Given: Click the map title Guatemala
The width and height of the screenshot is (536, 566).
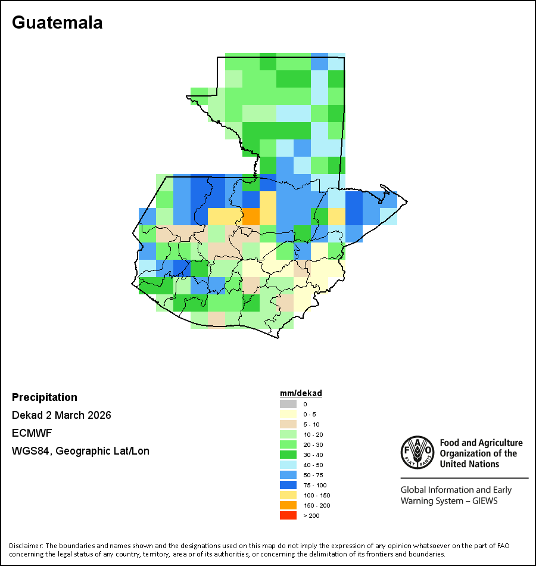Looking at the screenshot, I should click(57, 23).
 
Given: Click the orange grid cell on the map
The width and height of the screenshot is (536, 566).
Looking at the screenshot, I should click(251, 216).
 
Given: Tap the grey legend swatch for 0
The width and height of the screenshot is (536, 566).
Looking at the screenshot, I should click(288, 404).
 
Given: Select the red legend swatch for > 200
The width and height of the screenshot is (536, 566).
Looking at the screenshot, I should click(288, 515).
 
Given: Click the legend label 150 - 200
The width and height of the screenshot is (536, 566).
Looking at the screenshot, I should click(316, 505).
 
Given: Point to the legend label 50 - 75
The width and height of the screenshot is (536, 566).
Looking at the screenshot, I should click(313, 475).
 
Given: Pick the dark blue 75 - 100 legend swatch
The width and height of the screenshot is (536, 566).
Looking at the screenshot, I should click(288, 485).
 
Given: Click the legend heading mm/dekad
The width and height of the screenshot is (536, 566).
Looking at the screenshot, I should click(301, 393).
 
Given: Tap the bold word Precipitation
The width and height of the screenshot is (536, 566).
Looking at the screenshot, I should click(45, 397).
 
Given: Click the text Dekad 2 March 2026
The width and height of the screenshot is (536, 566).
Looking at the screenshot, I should click(61, 415).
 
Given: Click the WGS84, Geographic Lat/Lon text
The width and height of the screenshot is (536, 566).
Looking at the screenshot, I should click(80, 451).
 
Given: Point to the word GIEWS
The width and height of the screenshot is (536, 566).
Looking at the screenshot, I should click(484, 501).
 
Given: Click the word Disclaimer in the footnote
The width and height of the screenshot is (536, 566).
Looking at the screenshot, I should click(26, 546).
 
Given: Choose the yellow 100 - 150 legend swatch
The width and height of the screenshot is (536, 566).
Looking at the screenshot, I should click(288, 495).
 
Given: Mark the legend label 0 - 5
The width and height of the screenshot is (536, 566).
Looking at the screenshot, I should click(310, 414).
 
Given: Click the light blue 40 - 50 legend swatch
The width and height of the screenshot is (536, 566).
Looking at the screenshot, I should click(288, 465).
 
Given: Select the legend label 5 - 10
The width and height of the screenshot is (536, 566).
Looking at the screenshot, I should click(311, 424).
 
